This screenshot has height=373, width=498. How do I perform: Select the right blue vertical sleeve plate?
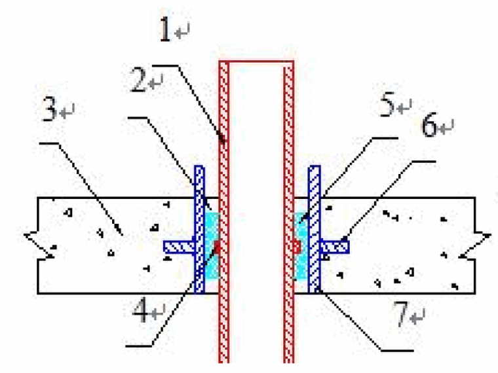pyautogui.click(x=314, y=229)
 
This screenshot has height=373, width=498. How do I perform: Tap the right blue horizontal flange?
pyautogui.click(x=335, y=247)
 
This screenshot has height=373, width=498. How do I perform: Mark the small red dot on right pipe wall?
pyautogui.click(x=296, y=247)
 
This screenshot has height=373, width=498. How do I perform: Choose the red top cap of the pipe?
pyautogui.click(x=256, y=63)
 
